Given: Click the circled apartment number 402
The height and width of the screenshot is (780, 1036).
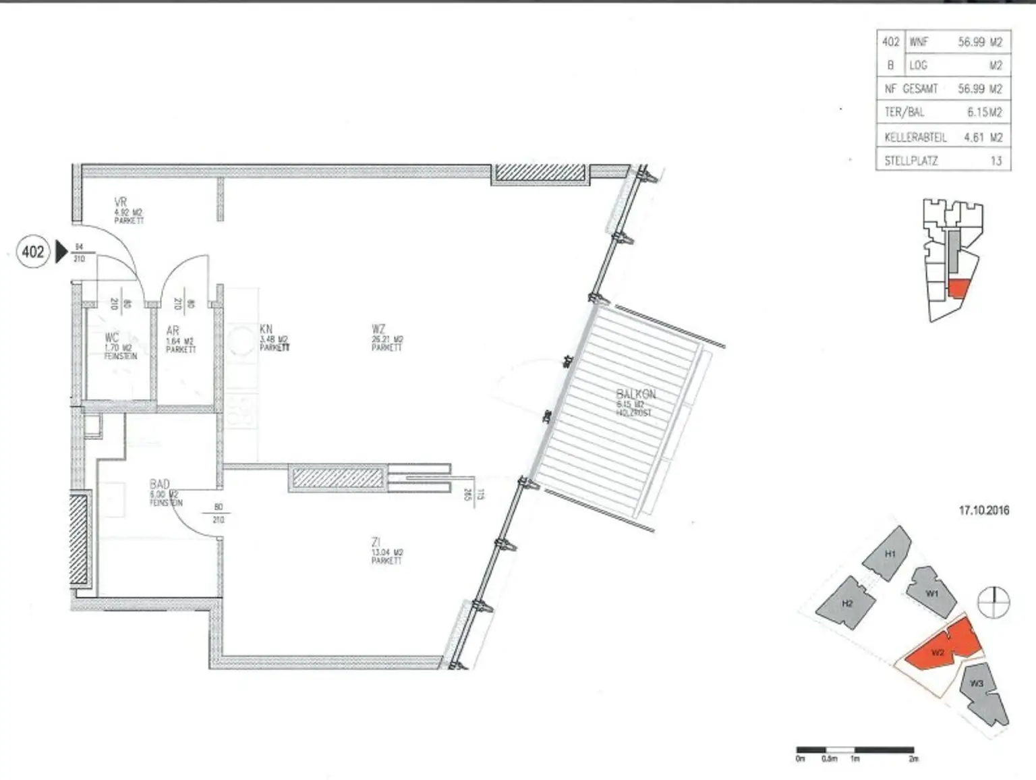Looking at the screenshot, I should [x=32, y=252].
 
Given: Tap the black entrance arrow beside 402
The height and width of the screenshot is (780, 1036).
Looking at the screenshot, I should [x=61, y=252].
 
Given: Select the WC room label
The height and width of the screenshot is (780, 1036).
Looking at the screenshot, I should [x=112, y=337].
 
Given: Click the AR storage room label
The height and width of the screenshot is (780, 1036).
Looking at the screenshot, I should [x=173, y=331].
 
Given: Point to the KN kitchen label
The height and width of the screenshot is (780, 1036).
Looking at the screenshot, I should [x=266, y=329].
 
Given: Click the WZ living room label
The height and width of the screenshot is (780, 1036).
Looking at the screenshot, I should [x=378, y=329].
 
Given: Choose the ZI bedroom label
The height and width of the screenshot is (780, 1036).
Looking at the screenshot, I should [x=376, y=542].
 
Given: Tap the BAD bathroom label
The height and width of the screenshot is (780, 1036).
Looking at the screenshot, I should [x=160, y=484].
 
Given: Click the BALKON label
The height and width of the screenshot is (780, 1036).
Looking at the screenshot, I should [x=635, y=394].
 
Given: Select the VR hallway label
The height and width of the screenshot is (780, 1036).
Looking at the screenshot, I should [x=121, y=202].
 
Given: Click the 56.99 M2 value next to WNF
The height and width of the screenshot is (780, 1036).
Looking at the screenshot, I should [x=980, y=42].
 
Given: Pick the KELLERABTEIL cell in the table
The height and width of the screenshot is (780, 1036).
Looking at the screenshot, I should [x=915, y=137].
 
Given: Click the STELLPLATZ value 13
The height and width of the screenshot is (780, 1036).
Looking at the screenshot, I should [x=996, y=161].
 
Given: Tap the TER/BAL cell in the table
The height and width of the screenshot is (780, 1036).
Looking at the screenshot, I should [x=904, y=113].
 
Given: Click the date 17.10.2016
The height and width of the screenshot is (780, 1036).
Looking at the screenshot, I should [x=984, y=510].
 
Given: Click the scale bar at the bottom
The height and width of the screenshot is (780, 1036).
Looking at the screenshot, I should [x=855, y=750].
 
